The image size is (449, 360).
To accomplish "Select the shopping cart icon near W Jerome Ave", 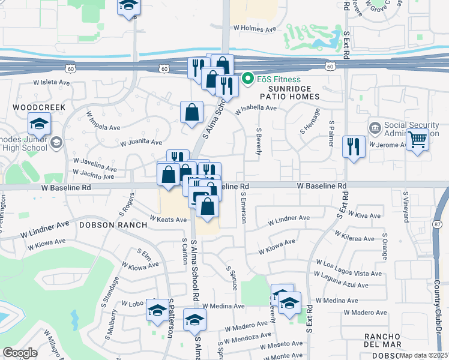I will pos(417,140).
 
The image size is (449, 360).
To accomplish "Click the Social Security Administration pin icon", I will pos(375,128).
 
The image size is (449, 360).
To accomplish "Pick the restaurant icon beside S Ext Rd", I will pos(354,146).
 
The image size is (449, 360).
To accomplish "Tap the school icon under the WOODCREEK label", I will pos(39,125).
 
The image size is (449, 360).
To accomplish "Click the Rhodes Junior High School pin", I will pos(56,142).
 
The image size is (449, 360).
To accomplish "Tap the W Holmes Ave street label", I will pos(255,28).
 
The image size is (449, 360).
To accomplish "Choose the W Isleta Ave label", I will pos(53,82).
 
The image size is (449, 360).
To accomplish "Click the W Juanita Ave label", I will pos(141,143).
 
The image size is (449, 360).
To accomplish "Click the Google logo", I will pos(20,353).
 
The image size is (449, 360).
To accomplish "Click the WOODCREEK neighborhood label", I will pos(38,107).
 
